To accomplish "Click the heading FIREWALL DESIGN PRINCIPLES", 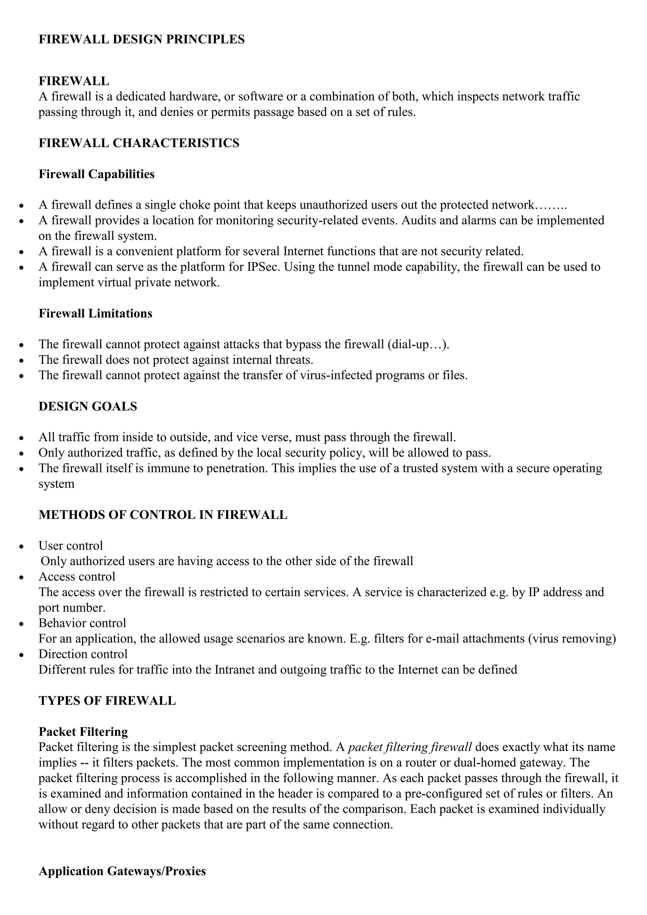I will coord(142,39).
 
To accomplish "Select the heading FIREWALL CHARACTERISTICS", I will coord(139,143).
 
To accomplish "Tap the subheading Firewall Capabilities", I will coord(96,174).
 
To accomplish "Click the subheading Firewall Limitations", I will coord(95,314).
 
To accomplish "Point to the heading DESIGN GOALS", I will coord(88,407).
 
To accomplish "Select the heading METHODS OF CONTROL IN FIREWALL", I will coord(163,515).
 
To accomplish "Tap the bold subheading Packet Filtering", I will coord(83,732).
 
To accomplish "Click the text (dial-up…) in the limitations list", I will coord(418,344).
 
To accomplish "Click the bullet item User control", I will coord(70,546).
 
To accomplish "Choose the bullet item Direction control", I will coord(83,654).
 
